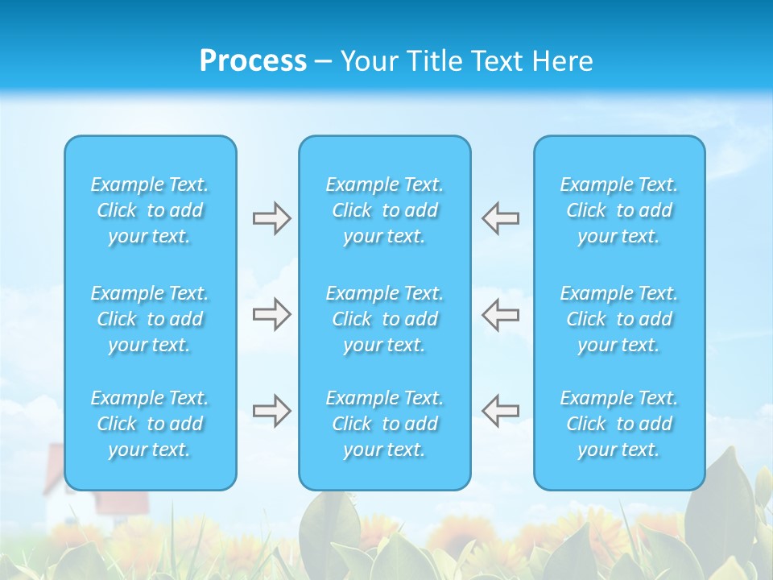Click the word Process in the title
(253, 61)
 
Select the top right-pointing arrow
(271, 218)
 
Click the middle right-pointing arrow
(271, 314)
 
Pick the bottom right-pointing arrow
(271, 411)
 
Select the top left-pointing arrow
(500, 218)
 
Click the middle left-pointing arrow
(500, 314)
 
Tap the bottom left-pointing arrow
(500, 411)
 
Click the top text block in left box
(150, 210)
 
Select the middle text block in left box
(150, 319)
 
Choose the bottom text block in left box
(150, 424)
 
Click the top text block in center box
(385, 210)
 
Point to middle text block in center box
(385, 319)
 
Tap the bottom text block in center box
(385, 424)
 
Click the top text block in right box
(619, 210)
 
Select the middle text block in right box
(619, 319)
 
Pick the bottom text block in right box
(619, 424)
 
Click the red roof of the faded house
(121, 501)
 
